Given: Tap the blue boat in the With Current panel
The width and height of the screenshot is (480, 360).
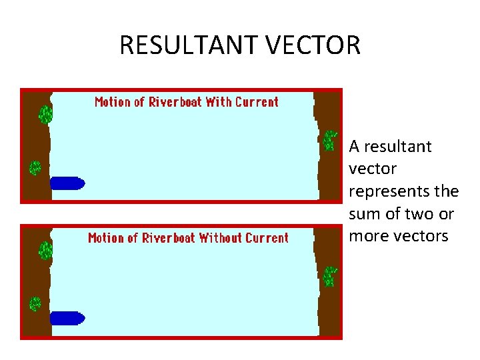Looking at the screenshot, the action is coord(67,182).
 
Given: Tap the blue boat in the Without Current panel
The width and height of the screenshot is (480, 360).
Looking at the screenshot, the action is coord(67,318).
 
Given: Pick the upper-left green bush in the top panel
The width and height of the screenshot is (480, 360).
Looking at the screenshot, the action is coord(45,114).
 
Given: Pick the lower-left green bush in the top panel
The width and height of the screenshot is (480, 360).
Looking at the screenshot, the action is coord(35,168).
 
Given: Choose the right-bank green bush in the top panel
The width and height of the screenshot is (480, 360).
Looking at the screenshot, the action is coord(329,140).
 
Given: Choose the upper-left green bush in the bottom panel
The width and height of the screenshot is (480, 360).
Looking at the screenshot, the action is coord(45,251).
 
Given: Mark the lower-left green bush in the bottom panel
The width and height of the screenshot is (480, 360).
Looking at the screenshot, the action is coord(35,304).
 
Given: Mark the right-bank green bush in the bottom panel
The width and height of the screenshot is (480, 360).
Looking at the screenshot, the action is coord(329,276).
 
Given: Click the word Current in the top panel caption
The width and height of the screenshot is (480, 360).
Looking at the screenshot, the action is coord(257,102).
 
